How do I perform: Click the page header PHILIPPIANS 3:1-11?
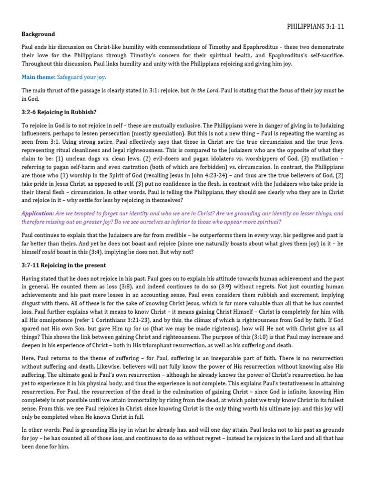(x=315, y=26)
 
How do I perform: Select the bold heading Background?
(x=38, y=34)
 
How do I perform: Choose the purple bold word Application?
(x=38, y=213)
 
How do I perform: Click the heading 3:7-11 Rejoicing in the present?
(x=64, y=265)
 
